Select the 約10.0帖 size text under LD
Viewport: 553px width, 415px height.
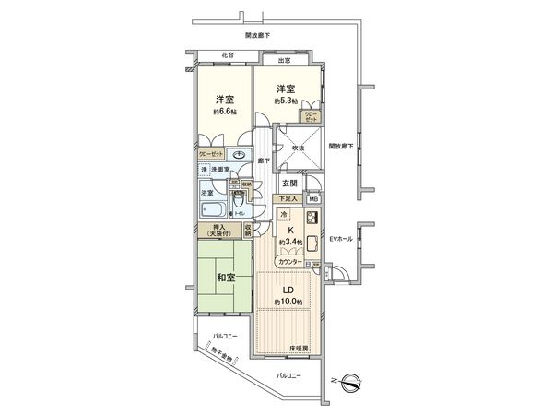point(288,302)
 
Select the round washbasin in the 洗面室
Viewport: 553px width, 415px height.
point(241,155)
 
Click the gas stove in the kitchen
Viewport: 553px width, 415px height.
point(311,219)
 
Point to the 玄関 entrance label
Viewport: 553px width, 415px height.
point(290,184)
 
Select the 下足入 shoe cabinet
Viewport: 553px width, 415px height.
point(288,198)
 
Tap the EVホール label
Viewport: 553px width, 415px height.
point(342,239)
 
